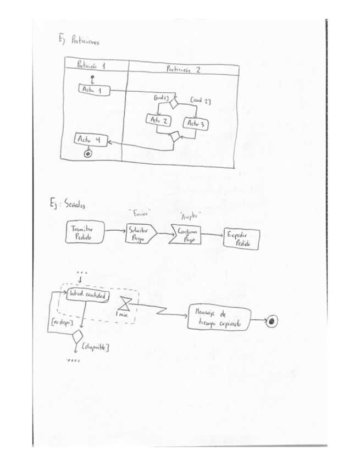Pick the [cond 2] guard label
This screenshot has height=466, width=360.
point(200,101)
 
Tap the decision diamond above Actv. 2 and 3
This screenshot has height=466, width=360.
point(174,102)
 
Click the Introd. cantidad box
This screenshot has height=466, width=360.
point(87,296)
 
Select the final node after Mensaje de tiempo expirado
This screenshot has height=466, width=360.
point(272,322)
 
